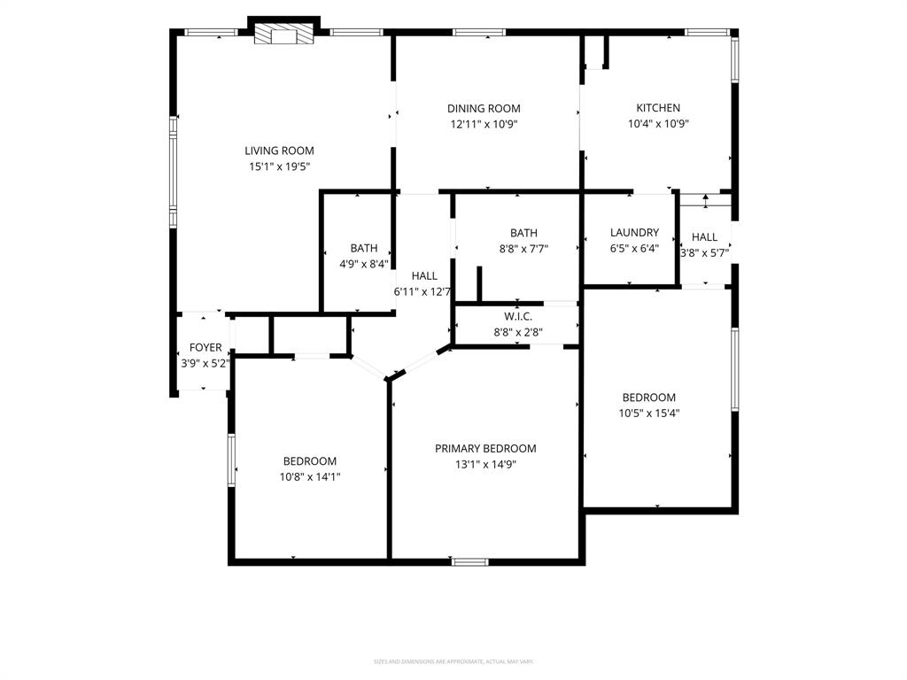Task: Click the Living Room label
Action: click(x=279, y=151)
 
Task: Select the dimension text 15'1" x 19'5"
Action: click(x=279, y=166)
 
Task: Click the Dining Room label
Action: click(x=484, y=109)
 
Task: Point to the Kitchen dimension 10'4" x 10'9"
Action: click(x=658, y=124)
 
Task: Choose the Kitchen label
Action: click(x=658, y=108)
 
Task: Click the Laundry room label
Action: click(x=634, y=233)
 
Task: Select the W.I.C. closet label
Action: click(x=517, y=317)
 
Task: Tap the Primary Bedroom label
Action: click(x=485, y=448)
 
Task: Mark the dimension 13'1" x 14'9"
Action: click(x=485, y=464)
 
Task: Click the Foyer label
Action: click(x=205, y=347)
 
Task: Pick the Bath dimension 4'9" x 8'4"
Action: click(x=364, y=264)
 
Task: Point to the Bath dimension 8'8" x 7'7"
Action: click(x=523, y=249)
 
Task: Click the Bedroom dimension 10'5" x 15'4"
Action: click(x=648, y=413)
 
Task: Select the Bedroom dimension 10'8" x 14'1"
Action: click(x=310, y=476)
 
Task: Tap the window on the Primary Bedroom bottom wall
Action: click(x=469, y=561)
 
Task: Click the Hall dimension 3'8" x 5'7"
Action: click(x=704, y=252)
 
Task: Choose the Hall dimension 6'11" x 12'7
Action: click(x=423, y=291)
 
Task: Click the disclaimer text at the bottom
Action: click(x=453, y=661)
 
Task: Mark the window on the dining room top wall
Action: click(x=479, y=33)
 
